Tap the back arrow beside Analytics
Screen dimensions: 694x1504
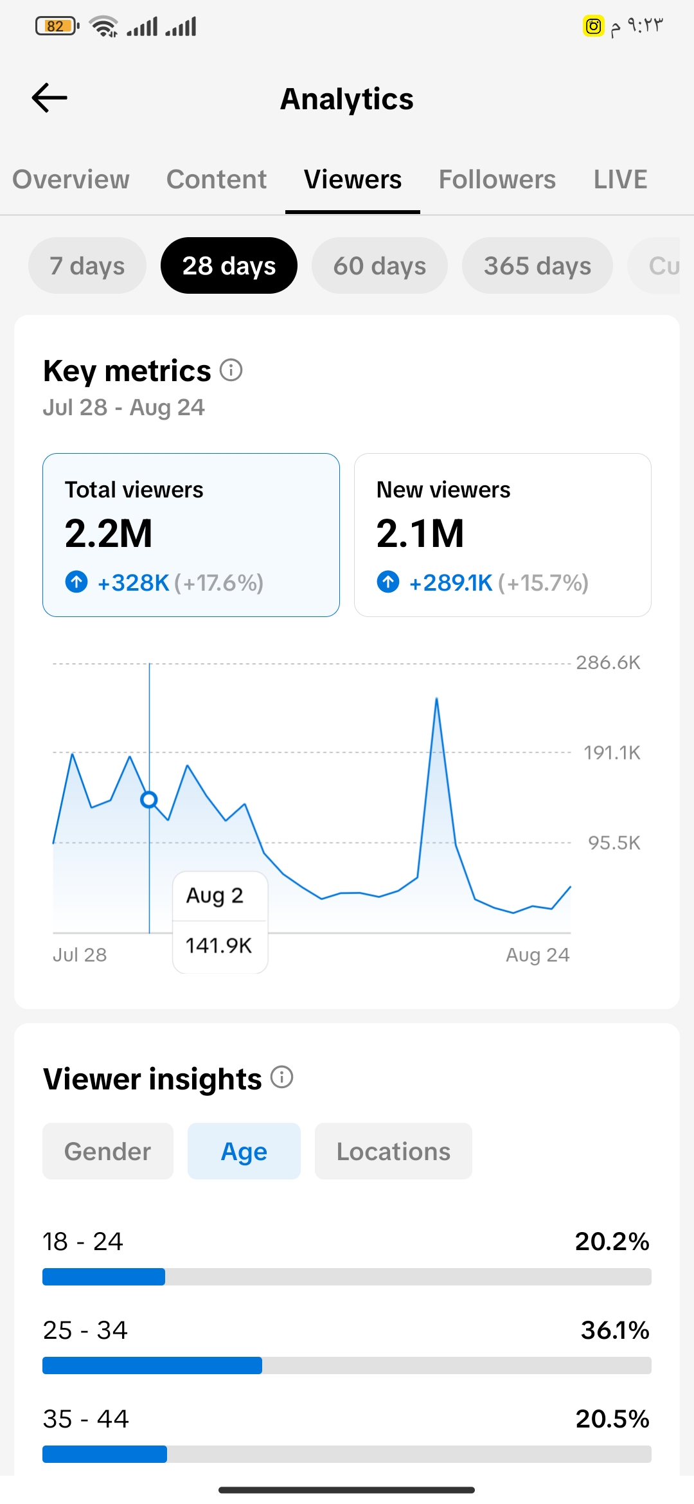pos(49,98)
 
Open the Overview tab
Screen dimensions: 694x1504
pos(71,179)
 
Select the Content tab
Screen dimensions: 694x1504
pos(217,179)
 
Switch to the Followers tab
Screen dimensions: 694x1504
pos(497,179)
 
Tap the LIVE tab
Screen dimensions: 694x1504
pos(620,179)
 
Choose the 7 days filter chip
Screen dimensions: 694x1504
pos(87,265)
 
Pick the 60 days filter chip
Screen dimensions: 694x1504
pos(380,265)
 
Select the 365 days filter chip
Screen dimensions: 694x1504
pos(537,265)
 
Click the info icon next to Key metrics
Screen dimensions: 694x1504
pos(231,370)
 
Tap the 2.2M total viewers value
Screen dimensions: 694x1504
pos(109,533)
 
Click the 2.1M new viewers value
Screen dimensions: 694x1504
pos(420,533)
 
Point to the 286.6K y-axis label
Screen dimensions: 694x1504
pos(608,663)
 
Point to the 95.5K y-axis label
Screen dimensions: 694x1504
pos(614,843)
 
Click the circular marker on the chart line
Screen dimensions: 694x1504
pos(149,800)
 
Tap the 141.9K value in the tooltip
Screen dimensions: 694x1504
pos(218,945)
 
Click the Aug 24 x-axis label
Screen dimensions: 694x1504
pos(538,955)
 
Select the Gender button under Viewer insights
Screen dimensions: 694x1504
pos(108,1151)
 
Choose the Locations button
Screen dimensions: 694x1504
pos(393,1151)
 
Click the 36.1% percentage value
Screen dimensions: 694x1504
pos(615,1330)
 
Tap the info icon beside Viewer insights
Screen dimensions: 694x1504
pos(281,1077)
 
